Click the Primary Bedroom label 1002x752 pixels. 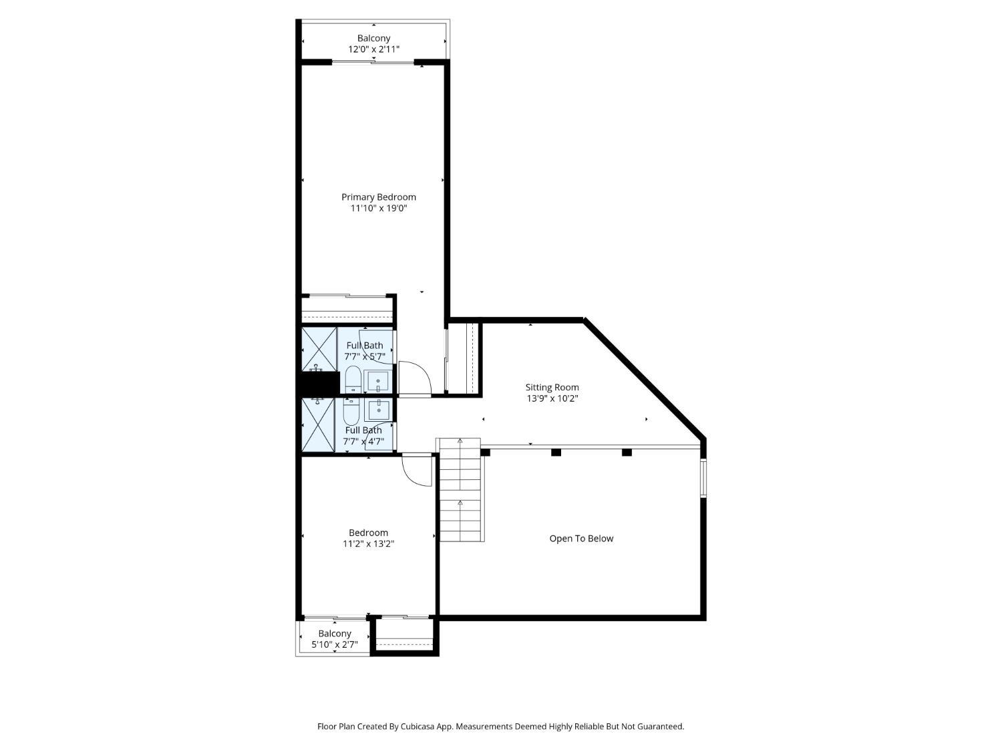tap(379, 197)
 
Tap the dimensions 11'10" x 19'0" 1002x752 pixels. tap(379, 208)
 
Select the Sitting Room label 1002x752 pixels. tap(552, 387)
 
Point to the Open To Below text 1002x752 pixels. tap(581, 538)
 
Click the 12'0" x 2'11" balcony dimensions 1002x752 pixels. tap(374, 49)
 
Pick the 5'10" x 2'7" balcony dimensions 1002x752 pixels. tap(335, 644)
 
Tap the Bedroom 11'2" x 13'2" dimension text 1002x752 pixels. tap(368, 544)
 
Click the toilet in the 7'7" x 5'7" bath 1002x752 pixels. tap(353, 380)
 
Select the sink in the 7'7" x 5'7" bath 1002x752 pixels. tap(379, 382)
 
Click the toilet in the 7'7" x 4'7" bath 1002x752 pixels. tap(351, 410)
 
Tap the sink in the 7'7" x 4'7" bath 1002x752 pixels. tap(379, 410)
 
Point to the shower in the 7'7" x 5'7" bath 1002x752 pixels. tap(319, 350)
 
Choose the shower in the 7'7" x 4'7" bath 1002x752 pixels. tap(318, 424)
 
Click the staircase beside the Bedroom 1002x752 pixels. tap(460, 490)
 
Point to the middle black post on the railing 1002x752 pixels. tap(556, 453)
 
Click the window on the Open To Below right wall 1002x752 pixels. tap(703, 477)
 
